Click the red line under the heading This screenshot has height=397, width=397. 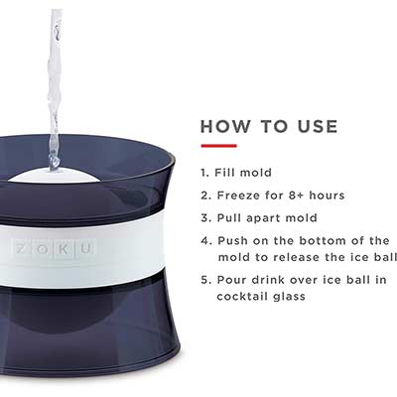218,146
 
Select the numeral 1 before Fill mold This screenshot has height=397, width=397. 204,173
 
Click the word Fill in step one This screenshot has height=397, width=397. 224,173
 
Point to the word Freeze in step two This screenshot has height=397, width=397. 238,196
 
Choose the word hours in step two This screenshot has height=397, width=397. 327,196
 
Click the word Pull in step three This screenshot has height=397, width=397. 228,218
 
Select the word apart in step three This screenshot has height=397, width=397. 262,219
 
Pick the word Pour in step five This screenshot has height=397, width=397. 231,280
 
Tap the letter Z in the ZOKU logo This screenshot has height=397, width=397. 21,249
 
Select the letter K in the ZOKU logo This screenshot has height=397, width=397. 65,249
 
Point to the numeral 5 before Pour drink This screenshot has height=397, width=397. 205,280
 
